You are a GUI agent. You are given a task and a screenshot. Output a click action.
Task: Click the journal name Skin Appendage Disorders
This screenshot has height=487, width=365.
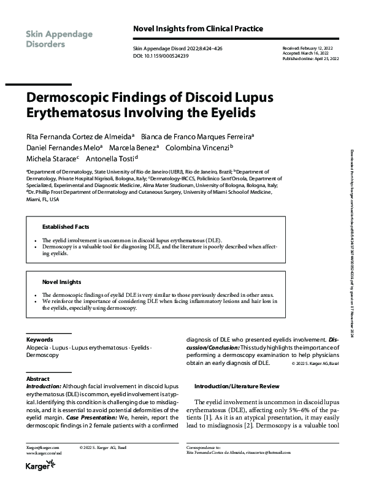point(59,39)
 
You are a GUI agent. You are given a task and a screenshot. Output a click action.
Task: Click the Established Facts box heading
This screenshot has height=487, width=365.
point(66,226)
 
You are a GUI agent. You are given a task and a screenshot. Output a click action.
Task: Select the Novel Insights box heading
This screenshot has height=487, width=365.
point(61,282)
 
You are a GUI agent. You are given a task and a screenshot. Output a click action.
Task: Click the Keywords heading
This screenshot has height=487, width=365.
point(39,339)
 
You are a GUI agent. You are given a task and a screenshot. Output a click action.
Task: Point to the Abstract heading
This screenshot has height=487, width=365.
point(38,379)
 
